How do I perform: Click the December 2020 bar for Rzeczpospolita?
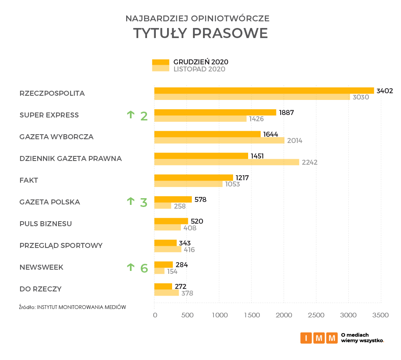[264, 90]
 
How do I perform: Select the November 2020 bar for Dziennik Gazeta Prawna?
[227, 162]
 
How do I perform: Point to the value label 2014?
[294, 141]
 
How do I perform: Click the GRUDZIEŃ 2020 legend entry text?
[200, 62]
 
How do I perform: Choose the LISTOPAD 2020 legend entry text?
[199, 69]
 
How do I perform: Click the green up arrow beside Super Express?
[131, 114]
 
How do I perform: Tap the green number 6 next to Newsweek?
[144, 268]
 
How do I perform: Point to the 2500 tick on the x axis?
[316, 315]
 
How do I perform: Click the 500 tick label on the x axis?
[187, 315]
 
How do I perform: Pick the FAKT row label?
[29, 180]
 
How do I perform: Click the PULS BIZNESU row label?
[46, 224]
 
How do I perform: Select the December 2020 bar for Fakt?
[193, 177]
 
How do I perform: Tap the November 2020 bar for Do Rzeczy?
[166, 293]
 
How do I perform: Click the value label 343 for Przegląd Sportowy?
[185, 243]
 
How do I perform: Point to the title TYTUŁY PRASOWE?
[200, 33]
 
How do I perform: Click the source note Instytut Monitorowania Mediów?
[72, 307]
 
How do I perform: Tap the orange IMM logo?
[319, 338]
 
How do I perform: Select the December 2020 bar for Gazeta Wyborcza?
[207, 134]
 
